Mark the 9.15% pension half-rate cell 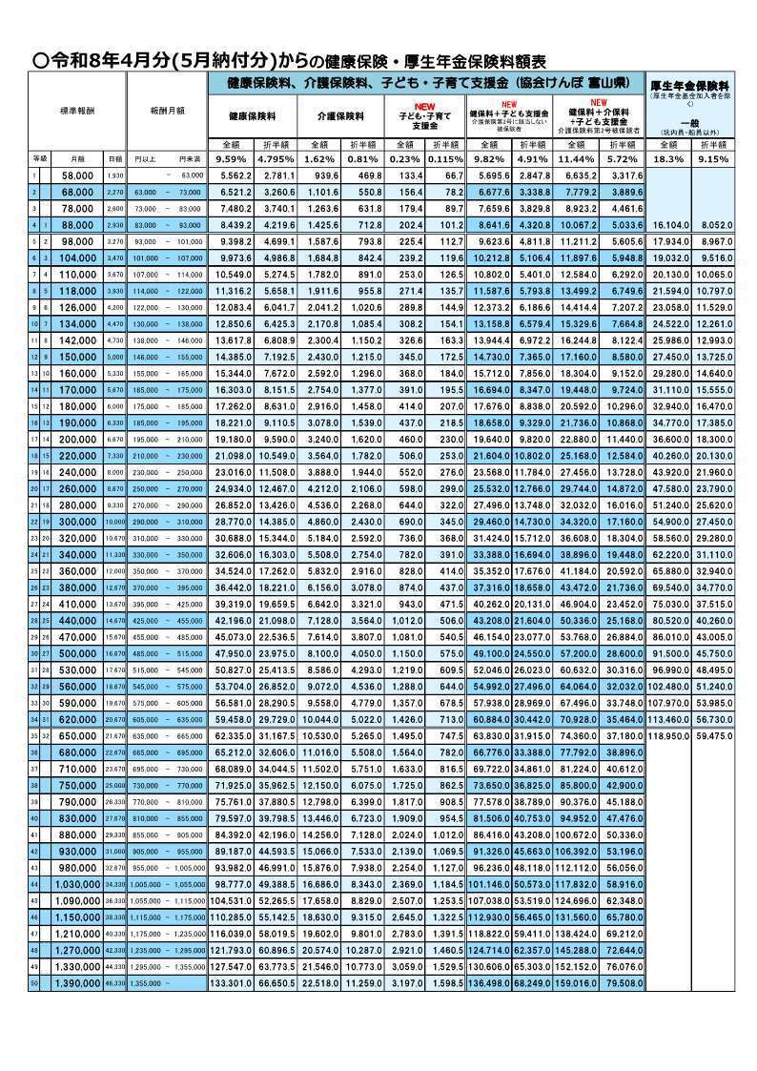(714, 159)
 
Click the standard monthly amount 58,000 (76, 176)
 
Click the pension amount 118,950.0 (669, 711)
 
